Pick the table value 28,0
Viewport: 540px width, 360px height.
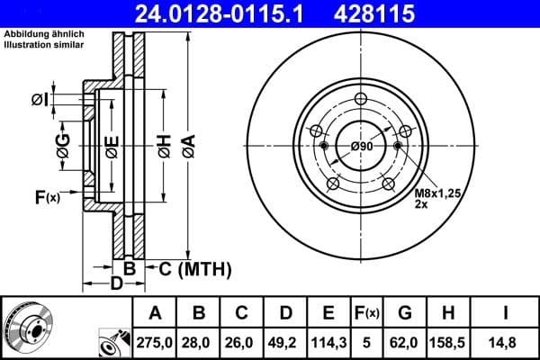click(x=198, y=342)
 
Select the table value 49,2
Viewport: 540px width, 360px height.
click(x=284, y=342)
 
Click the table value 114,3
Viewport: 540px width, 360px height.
click(x=328, y=342)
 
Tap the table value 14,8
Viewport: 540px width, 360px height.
click(x=506, y=342)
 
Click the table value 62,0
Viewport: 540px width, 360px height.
click(x=406, y=342)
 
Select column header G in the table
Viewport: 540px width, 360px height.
click(x=406, y=313)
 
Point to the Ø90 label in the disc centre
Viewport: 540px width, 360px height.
click(x=362, y=146)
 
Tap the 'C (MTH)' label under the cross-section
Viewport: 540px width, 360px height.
click(x=195, y=268)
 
